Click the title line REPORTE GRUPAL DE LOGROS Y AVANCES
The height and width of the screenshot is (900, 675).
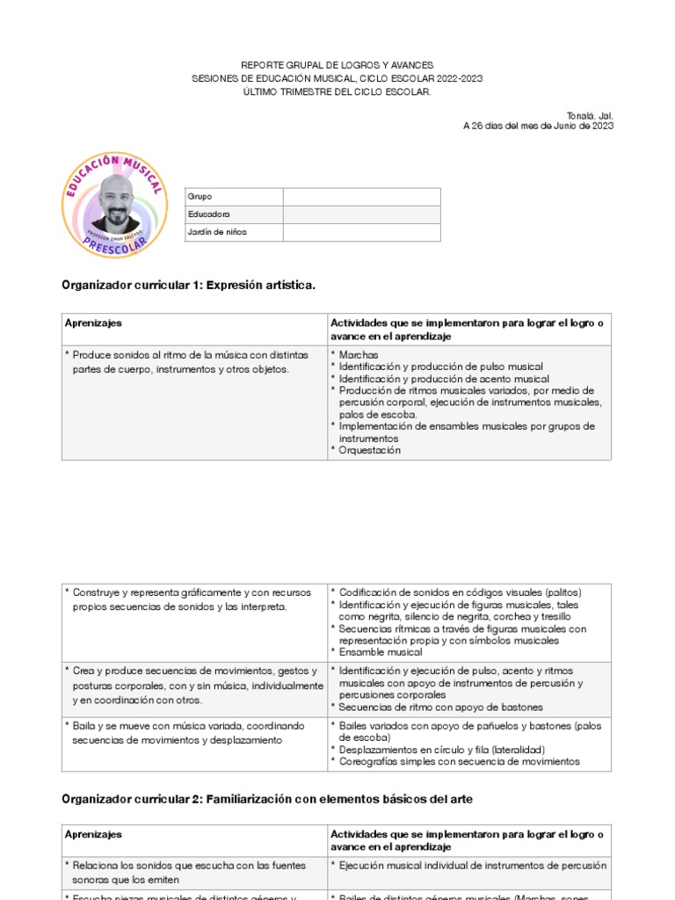coord(337,66)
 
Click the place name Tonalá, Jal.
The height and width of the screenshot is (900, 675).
coord(592,114)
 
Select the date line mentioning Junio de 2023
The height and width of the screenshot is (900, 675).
coord(538,126)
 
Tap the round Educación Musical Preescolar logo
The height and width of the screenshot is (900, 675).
coord(114,205)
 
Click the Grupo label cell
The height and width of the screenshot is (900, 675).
coord(233,197)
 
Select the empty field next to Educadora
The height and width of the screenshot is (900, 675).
coord(361,214)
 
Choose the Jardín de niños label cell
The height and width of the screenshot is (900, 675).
coord(233,232)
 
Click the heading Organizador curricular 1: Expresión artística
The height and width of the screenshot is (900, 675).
coord(188,286)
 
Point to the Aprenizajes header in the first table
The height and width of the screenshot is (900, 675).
coord(93,323)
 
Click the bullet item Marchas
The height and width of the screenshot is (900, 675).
coord(358,354)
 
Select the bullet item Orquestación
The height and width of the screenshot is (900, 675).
coord(369,450)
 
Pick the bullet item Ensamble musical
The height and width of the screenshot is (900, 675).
coord(380,652)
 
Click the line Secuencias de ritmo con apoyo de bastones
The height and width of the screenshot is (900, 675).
coord(440,707)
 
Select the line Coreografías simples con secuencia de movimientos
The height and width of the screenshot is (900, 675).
coord(459,761)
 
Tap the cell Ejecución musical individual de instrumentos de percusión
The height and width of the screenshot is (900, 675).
coord(472,866)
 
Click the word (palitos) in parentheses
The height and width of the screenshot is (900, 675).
coord(562,592)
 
